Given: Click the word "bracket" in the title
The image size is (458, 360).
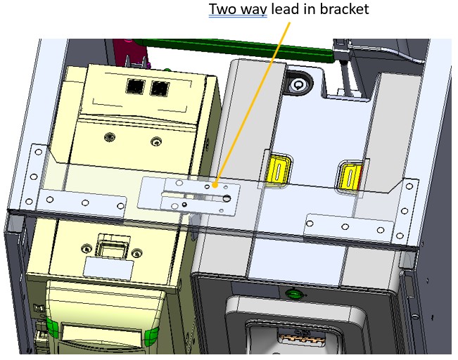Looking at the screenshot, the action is [x=344, y=8].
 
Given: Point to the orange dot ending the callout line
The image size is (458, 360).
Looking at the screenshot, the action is [x=215, y=185].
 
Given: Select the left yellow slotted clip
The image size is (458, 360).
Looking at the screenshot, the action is [x=278, y=170].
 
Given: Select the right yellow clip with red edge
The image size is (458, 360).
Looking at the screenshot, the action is [x=351, y=176].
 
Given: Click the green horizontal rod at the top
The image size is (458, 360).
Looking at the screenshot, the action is [x=236, y=49].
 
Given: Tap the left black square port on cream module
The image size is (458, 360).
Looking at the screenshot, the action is [x=136, y=86].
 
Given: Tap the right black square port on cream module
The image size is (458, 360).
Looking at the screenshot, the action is [x=160, y=89].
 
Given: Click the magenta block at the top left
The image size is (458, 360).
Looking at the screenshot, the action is [x=131, y=53].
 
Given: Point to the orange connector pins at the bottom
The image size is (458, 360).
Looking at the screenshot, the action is [x=302, y=339].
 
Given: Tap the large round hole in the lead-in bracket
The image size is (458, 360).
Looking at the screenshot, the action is [x=227, y=198].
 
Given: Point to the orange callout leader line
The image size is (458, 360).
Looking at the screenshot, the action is [x=253, y=103].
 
